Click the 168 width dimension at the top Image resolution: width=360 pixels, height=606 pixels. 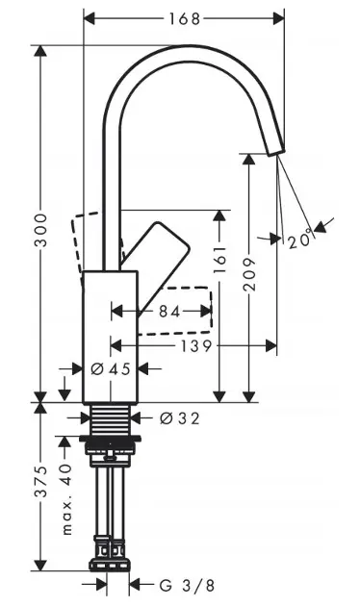(185, 18)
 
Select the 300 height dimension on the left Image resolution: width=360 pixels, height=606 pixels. (40, 230)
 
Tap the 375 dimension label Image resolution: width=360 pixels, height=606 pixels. (40, 481)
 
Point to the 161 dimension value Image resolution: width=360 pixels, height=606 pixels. (219, 259)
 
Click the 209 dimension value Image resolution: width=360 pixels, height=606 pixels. (249, 274)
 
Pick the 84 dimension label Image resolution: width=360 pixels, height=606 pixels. (169, 312)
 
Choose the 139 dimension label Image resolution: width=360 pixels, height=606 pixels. (196, 346)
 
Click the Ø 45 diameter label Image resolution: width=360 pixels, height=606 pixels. (111, 369)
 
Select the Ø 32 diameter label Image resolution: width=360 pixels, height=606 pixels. (180, 418)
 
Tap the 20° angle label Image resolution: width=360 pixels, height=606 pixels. (300, 239)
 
